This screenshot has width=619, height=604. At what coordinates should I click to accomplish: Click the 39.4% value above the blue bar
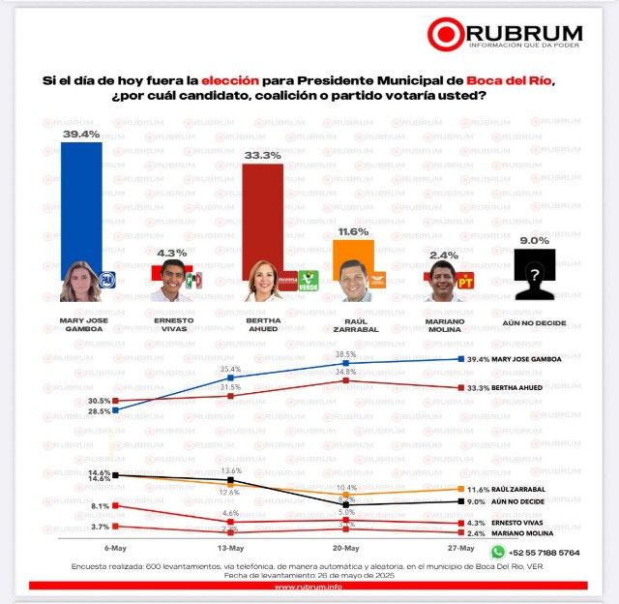click(x=81, y=135)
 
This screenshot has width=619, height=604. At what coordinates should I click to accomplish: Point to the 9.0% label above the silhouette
click(x=535, y=240)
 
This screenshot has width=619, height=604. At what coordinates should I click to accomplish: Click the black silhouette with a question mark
click(x=535, y=277)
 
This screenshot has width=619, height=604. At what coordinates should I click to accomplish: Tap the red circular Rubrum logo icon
click(x=446, y=35)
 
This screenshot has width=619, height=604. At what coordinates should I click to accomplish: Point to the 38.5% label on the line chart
click(x=345, y=354)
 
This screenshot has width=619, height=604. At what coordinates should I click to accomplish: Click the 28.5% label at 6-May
click(x=99, y=412)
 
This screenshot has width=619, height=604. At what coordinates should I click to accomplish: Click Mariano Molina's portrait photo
click(x=444, y=281)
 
